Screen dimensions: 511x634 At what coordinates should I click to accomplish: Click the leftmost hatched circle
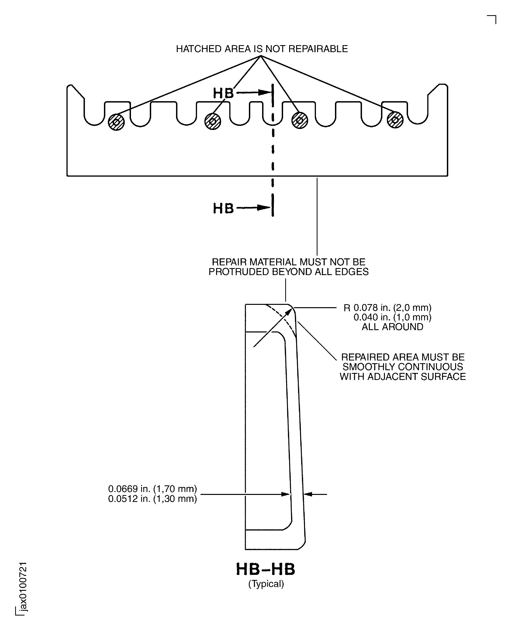(116, 122)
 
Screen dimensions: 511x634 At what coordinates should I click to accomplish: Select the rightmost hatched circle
(395, 120)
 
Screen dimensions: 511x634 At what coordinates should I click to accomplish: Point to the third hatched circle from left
(300, 120)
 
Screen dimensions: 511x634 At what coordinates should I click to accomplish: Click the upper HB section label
(223, 93)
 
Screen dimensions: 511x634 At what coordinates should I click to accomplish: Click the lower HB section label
(223, 208)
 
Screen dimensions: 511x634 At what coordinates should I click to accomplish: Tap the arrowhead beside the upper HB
(264, 93)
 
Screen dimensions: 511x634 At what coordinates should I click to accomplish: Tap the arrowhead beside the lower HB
(264, 208)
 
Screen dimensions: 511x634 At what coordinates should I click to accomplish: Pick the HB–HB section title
(266, 569)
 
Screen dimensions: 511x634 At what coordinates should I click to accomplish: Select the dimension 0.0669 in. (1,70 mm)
(153, 489)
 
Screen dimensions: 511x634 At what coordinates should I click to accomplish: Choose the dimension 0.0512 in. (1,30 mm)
(153, 499)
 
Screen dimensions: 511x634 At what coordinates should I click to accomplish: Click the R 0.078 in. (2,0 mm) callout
(387, 308)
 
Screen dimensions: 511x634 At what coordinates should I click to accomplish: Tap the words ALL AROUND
(392, 327)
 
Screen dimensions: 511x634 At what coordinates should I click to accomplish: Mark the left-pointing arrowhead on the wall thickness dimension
(308, 494)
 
